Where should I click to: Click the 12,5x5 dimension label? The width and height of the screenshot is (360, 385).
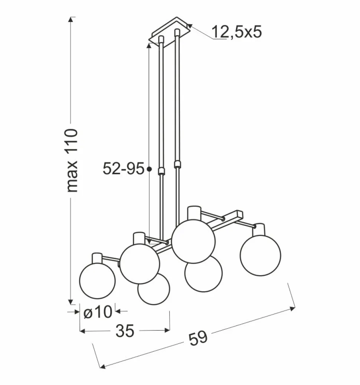pos(237,32)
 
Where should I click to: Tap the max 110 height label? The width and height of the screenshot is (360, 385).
pos(72,160)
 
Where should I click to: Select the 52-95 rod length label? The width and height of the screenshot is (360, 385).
pos(123,169)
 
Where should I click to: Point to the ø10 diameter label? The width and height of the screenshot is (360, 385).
pos(98,313)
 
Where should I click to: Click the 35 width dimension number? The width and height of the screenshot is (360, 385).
pos(125,331)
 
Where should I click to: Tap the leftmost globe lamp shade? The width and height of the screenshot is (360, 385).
pos(97,281)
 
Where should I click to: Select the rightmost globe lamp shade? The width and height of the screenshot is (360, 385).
pos(261,255)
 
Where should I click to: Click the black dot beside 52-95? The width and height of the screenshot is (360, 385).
pos(149,169)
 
